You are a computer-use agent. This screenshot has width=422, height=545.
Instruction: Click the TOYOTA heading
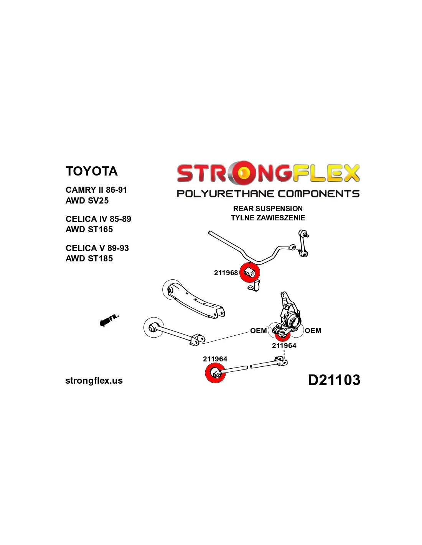point(91,171)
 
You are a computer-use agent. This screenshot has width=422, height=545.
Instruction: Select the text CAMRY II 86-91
point(96,190)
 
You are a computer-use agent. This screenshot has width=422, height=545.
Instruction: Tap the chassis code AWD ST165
point(89,229)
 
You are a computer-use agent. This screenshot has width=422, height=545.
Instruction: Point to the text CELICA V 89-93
point(97,248)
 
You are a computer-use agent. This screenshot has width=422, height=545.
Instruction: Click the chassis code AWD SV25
point(87,200)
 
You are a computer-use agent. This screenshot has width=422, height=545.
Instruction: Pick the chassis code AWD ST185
point(89,258)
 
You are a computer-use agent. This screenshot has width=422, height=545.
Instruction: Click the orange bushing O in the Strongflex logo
point(244,173)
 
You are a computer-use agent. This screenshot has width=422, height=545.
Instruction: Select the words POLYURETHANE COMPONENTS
point(268,194)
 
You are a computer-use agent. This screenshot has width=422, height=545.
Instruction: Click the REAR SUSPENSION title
point(268,208)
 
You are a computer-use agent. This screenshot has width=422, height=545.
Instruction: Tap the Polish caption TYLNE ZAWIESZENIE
point(268,218)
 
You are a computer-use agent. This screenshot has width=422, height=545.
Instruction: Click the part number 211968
point(226,273)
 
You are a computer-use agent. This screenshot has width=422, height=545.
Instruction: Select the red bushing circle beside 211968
point(249,272)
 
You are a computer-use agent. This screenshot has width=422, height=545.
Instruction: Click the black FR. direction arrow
point(104,322)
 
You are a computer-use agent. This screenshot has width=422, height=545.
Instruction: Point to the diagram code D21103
point(334,380)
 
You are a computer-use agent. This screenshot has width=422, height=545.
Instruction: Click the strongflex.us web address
point(94,381)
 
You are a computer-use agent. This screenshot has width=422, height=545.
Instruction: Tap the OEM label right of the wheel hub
point(313,330)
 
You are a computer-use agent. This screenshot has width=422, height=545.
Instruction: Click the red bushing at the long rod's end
point(215,373)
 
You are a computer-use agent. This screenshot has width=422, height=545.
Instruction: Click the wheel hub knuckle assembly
point(290,314)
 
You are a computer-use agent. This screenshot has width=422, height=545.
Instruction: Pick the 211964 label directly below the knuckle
point(284,345)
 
